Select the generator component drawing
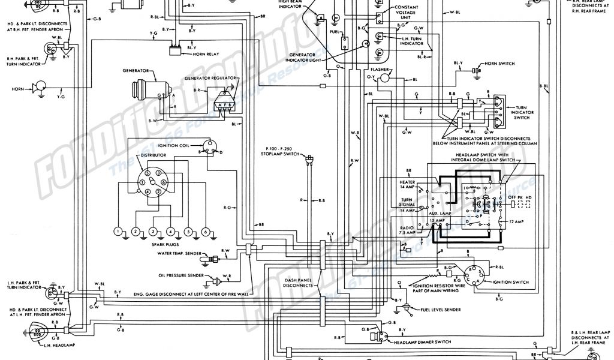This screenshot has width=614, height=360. click(x=145, y=88)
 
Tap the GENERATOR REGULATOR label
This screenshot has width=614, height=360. click(x=209, y=79)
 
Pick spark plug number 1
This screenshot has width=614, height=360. click(x=119, y=231)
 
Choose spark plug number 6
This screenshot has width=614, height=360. click(x=206, y=231)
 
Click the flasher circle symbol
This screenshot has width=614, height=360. click(x=385, y=77)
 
